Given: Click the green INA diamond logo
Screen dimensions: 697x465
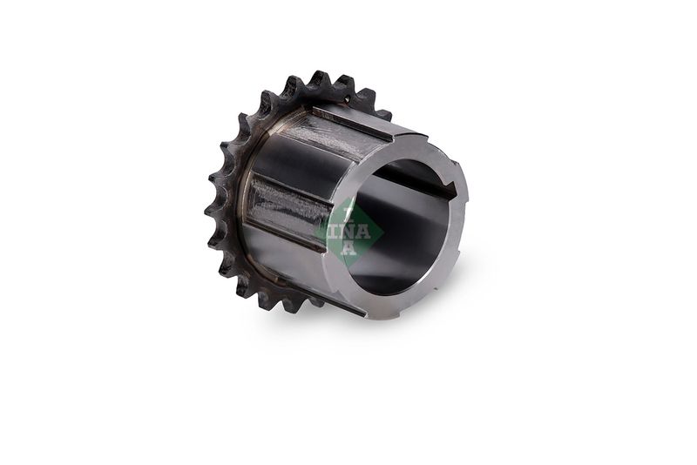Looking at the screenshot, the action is pos(349,232).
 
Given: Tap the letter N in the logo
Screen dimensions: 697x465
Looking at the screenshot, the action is pos(349,232).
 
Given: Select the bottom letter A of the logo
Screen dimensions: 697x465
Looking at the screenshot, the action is pos(349,248).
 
